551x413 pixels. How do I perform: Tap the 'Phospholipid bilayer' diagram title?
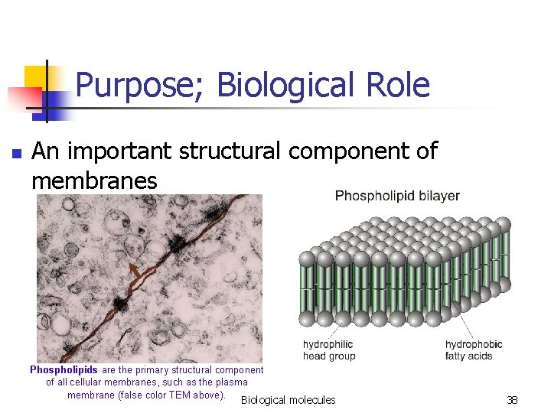(397, 196)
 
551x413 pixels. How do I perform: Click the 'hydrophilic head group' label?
(329, 350)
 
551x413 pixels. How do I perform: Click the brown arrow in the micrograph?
(135, 273)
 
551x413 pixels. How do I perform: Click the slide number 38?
(513, 400)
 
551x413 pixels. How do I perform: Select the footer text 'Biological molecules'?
(288, 400)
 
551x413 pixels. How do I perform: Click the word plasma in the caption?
(230, 382)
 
